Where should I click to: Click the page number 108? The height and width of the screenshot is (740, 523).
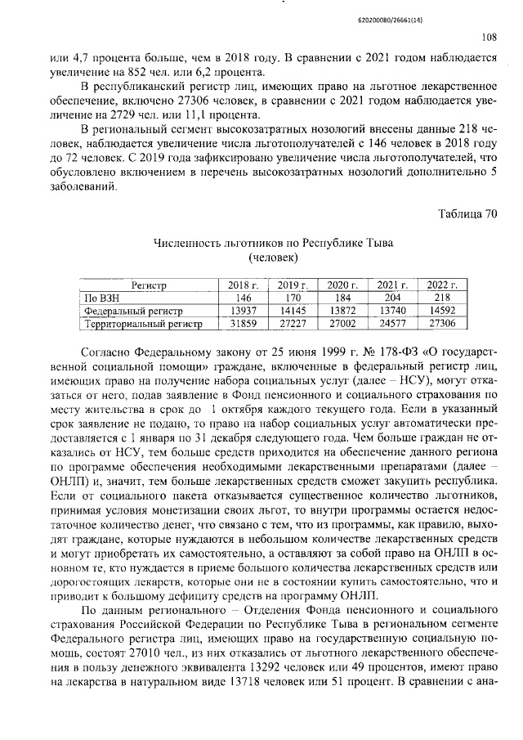pyautogui.click(x=488, y=36)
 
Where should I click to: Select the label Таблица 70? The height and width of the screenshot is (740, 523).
pyautogui.click(x=467, y=215)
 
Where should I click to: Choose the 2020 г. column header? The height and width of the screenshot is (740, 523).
pyautogui.click(x=337, y=285)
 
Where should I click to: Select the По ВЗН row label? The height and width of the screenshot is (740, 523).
pyautogui.click(x=103, y=298)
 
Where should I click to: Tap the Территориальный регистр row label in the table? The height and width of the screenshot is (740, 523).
pyautogui.click(x=144, y=325)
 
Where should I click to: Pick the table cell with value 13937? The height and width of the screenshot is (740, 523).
pyautogui.click(x=241, y=312)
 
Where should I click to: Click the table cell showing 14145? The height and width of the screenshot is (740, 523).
pyautogui.click(x=290, y=312)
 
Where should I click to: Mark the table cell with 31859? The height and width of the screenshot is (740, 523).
pyautogui.click(x=241, y=325)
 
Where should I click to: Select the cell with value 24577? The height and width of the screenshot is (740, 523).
pyautogui.click(x=390, y=325)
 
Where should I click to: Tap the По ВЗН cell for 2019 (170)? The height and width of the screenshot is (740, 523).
pyautogui.click(x=290, y=298)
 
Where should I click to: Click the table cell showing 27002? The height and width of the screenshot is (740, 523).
pyautogui.click(x=337, y=325)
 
